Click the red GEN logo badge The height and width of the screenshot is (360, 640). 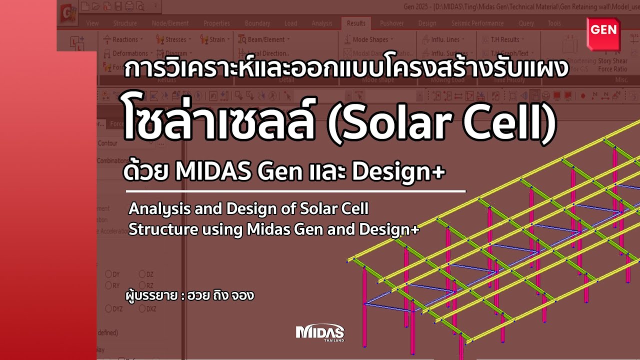(x=604, y=31)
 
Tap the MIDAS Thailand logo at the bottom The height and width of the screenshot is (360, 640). (x=320, y=333)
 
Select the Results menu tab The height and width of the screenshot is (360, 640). (x=356, y=23)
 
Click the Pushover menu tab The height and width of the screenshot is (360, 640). (x=392, y=23)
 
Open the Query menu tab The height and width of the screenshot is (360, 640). (x=526, y=23)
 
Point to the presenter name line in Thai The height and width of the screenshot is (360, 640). (x=190, y=295)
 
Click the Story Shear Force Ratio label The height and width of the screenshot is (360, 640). (x=612, y=65)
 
